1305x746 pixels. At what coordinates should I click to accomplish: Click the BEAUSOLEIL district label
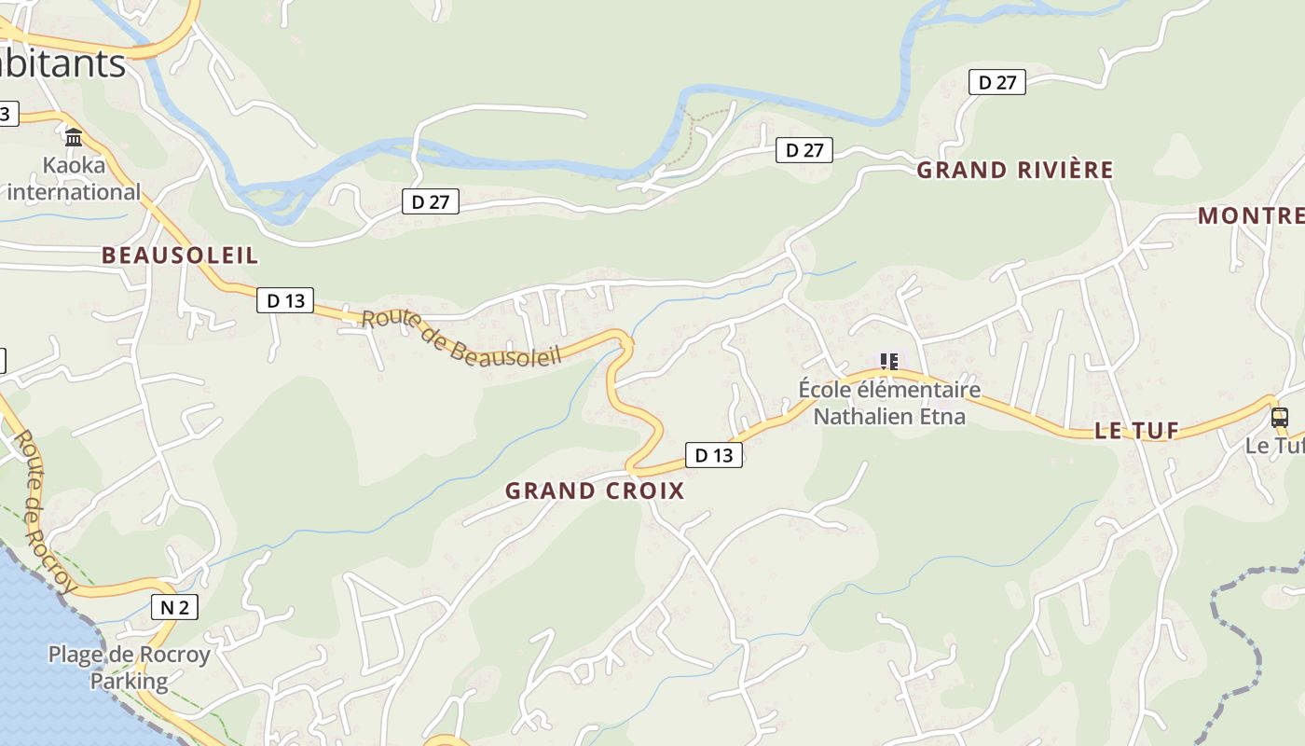point(180,256)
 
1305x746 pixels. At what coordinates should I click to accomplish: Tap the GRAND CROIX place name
point(595,490)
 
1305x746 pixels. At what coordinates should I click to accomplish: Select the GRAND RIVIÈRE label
point(1015,170)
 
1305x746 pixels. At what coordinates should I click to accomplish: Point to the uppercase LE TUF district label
point(1136,431)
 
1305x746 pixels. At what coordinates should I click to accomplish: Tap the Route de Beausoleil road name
point(461,337)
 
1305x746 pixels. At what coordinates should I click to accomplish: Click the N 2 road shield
point(174,608)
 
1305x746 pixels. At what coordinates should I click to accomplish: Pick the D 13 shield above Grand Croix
point(714,455)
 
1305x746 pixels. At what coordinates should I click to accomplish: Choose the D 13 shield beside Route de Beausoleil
point(285,300)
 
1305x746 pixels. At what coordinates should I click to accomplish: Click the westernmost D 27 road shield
point(431,201)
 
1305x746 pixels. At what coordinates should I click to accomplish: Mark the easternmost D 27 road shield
point(997,82)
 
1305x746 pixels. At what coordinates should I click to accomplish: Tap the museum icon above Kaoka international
point(74,138)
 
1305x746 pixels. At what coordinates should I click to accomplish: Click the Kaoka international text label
point(74,180)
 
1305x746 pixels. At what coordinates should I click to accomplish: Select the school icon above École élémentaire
point(889,361)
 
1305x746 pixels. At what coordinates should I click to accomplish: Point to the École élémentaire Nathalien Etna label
point(889,402)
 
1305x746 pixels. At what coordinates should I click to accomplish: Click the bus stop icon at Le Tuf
point(1280,417)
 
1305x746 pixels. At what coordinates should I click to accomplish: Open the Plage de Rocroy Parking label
point(130,668)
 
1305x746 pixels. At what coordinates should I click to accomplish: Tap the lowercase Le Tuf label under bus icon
point(1273,446)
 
